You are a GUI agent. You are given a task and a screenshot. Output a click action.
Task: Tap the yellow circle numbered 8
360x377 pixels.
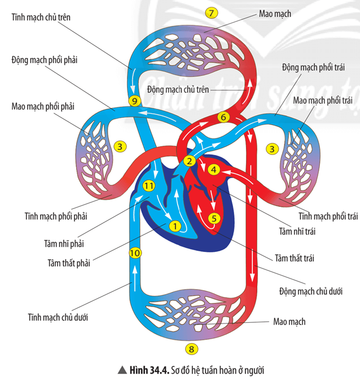pyautogui.click(x=192, y=349)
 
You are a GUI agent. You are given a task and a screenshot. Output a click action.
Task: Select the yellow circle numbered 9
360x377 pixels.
pyautogui.click(x=134, y=101)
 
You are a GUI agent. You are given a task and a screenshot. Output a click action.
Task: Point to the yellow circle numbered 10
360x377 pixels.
pyautogui.click(x=134, y=253)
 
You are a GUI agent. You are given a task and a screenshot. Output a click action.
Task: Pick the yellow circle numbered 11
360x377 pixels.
pyautogui.click(x=148, y=186)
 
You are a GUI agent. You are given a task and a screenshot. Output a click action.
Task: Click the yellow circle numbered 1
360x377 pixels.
pyautogui.click(x=175, y=227)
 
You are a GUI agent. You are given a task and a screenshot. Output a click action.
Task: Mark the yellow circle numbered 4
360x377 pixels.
pyautogui.click(x=213, y=169)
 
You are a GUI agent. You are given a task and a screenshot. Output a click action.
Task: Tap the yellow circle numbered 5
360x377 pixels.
pyautogui.click(x=213, y=218)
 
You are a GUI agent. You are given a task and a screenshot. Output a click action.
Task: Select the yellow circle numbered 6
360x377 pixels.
pyautogui.click(x=222, y=117)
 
